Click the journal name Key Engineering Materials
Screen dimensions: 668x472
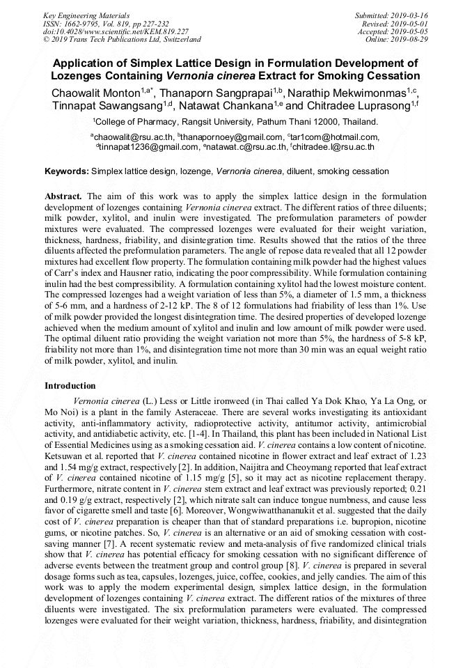pos(87,15)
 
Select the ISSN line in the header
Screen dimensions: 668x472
pos(105,24)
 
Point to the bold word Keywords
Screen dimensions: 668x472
pos(66,171)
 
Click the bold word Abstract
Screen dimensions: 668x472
pos(63,196)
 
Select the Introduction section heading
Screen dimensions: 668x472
pos(70,385)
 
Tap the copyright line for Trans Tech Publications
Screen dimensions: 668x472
pos(122,40)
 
